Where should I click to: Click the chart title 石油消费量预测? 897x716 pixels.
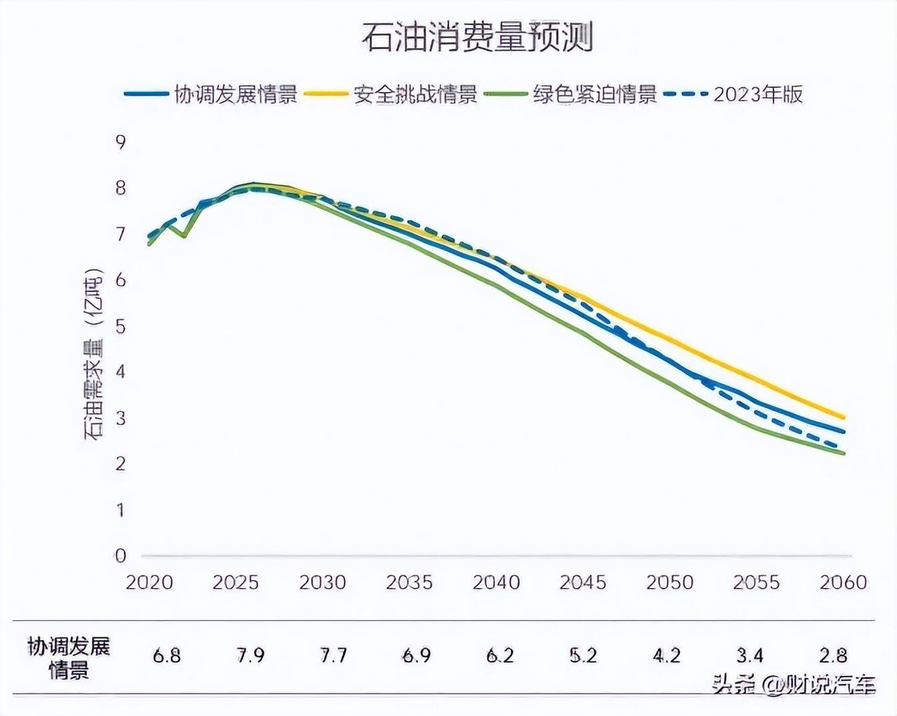(477, 37)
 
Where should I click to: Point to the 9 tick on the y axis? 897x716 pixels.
(120, 142)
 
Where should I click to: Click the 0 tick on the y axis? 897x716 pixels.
(120, 555)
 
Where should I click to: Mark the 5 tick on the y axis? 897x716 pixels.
(120, 326)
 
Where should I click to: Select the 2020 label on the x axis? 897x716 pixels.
(149, 582)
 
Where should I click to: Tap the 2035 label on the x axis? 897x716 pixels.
(409, 582)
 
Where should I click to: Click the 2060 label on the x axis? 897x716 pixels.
(843, 582)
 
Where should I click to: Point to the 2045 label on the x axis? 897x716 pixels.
(583, 582)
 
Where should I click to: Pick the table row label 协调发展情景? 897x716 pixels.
(68, 657)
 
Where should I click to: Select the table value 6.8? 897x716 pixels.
(166, 656)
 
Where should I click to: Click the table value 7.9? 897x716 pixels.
(250, 656)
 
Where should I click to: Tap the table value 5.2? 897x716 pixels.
(583, 656)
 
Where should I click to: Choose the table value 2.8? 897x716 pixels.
(833, 656)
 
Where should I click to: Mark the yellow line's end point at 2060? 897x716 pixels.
(844, 417)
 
